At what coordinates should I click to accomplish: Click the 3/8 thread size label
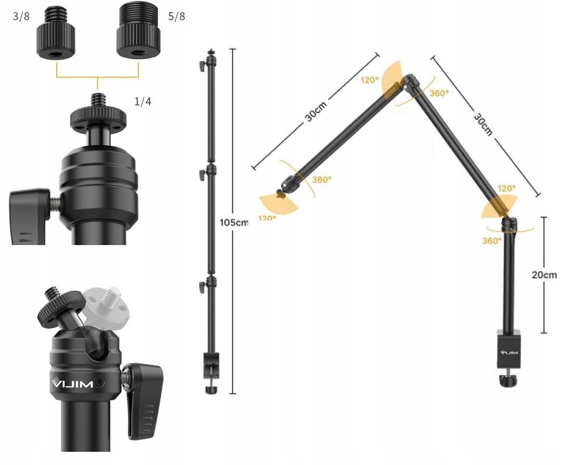(x=21, y=16)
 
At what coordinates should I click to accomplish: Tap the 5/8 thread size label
(x=177, y=16)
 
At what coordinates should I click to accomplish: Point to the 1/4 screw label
(x=143, y=101)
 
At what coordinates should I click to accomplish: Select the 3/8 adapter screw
(x=56, y=33)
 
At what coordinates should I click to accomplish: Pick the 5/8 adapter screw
(x=138, y=30)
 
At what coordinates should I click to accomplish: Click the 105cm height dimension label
(x=234, y=222)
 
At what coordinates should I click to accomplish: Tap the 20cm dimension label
(x=544, y=275)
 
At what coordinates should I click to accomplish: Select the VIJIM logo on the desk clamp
(x=509, y=353)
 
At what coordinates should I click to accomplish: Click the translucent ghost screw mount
(x=106, y=307)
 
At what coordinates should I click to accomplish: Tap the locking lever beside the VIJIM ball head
(x=144, y=400)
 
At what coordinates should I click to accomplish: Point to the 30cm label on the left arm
(x=316, y=111)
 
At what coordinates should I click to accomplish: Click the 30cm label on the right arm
(x=483, y=124)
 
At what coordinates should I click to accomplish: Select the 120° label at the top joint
(x=370, y=80)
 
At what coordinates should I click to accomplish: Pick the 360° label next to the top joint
(x=439, y=93)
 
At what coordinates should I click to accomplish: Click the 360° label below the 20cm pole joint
(x=492, y=241)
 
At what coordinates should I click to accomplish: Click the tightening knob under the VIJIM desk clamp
(x=507, y=380)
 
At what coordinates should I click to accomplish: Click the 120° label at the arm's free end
(x=267, y=218)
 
